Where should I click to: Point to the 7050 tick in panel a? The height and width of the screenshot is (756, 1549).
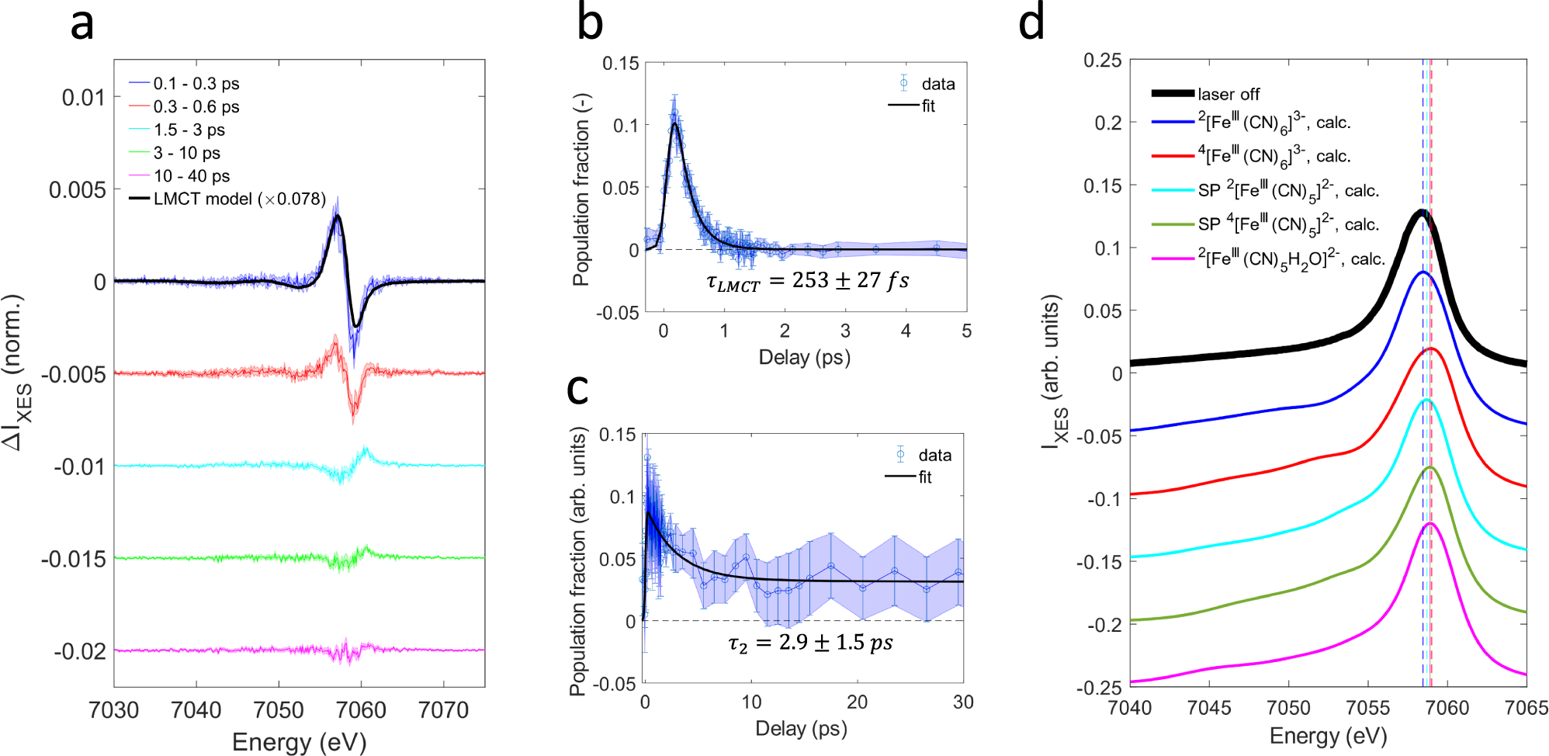point(279,709)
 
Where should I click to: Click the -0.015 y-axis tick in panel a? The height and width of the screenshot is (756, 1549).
point(73,559)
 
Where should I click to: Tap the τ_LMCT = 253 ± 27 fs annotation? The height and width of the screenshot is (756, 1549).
point(807,280)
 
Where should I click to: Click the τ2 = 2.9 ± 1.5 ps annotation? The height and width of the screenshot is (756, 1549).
point(810,643)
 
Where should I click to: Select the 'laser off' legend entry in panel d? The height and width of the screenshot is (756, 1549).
point(1228,94)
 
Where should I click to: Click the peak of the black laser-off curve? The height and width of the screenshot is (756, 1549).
point(1422,211)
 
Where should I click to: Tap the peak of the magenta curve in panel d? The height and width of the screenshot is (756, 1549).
point(1429,524)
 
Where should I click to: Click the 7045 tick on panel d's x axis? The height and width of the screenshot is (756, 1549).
point(1209,708)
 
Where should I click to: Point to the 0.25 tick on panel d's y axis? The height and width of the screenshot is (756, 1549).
point(1102,61)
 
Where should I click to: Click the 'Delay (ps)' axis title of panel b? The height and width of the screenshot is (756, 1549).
point(804,357)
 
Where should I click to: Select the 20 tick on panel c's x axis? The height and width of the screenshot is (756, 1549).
point(857,702)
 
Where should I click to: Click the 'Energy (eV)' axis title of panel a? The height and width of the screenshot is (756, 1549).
point(299,741)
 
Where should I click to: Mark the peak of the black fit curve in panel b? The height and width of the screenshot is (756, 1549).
point(675,123)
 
